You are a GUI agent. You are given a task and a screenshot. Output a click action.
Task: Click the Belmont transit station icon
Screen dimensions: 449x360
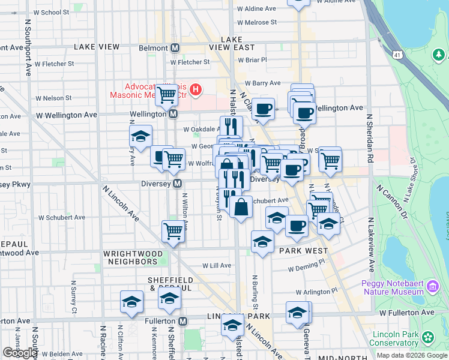click(x=175, y=48)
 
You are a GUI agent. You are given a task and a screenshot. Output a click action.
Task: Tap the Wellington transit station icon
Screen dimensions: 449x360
click(x=173, y=114)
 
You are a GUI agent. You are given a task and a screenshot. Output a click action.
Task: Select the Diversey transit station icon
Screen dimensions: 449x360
click(x=177, y=184)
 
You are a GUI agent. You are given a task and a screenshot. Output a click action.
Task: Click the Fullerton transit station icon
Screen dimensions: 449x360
click(x=182, y=322)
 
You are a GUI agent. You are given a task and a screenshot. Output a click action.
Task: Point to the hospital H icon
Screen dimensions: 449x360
click(x=195, y=91)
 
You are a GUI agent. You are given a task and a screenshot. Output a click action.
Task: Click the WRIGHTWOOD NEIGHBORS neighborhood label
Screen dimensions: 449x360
click(x=133, y=257)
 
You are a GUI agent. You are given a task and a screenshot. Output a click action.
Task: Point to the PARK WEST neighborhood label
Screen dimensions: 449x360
click(x=303, y=251)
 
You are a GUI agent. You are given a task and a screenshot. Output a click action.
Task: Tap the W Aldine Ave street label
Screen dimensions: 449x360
click(x=256, y=9)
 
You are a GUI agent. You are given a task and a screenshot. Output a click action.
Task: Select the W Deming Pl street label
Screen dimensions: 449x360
click(x=305, y=262)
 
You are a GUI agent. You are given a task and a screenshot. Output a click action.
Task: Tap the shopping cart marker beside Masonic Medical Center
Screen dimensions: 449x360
click(x=166, y=94)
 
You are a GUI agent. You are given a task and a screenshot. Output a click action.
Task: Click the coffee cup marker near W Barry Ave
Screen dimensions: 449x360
click(x=263, y=109)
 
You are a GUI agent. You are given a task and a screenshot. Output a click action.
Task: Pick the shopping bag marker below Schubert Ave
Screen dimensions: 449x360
click(x=241, y=208)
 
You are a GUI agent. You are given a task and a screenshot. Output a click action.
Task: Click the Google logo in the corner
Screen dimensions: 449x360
click(x=20, y=353)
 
